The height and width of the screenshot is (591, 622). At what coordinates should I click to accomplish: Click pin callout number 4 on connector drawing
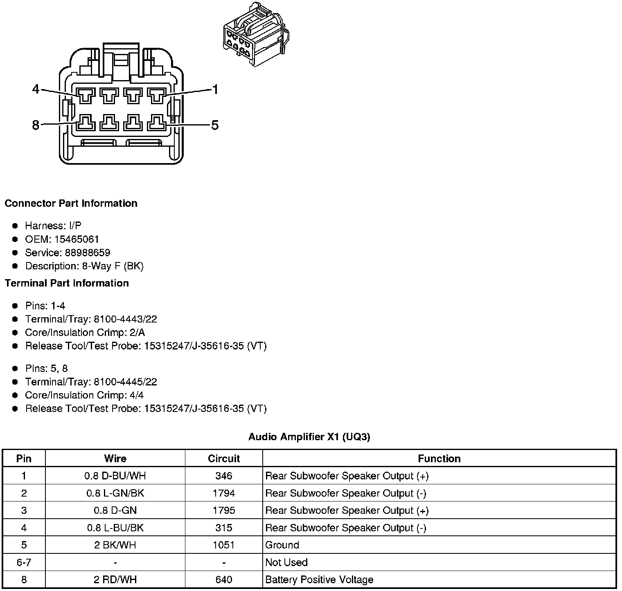coord(36,89)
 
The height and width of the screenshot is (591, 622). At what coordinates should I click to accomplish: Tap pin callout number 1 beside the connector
coord(215,89)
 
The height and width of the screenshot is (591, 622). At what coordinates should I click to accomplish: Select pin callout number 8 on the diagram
coord(36,125)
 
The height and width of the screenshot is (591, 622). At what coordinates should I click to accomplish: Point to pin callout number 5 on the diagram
coord(215,125)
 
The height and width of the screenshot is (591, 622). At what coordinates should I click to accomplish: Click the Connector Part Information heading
coord(71,204)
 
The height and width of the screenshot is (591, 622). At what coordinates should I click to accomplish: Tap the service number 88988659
coord(88,253)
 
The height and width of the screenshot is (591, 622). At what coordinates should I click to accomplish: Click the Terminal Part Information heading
coord(67,283)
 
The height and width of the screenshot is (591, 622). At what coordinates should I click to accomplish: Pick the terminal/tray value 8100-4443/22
coord(125,319)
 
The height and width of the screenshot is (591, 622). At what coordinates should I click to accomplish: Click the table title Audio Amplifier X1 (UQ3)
coord(309,437)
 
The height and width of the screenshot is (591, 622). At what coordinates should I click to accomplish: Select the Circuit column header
coord(223,459)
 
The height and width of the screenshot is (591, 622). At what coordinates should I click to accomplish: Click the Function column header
coord(439,459)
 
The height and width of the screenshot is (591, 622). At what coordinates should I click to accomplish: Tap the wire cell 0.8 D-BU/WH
coord(115,476)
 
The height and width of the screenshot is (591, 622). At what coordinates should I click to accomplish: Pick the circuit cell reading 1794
coord(223,493)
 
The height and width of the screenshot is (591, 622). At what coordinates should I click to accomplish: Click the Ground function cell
coord(282,545)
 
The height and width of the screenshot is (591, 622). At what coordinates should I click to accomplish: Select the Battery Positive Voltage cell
coord(319,580)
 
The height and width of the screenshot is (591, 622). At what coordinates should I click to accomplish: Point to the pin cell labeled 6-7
coord(24,562)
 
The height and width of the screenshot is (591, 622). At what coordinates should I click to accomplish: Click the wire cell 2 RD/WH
coord(115,580)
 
